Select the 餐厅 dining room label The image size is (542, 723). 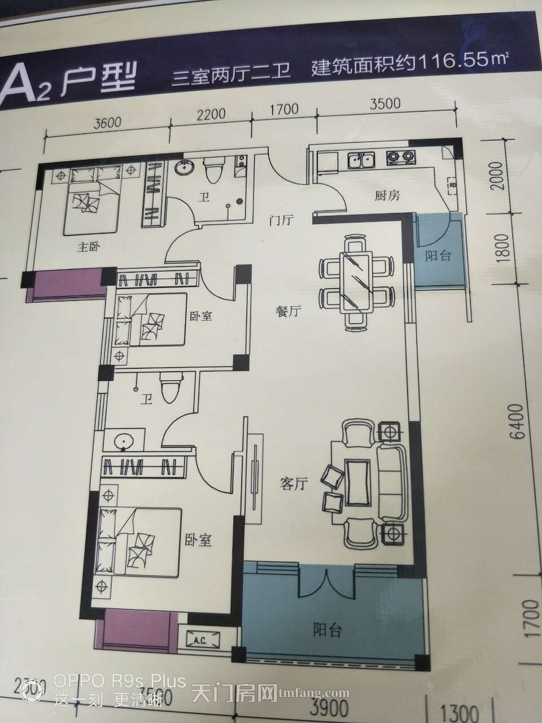click(x=288, y=312)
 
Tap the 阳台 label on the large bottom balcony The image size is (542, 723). click(x=327, y=630)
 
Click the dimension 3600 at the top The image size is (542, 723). click(x=107, y=123)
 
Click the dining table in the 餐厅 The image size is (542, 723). click(x=355, y=282)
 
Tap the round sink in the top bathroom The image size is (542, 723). click(x=185, y=167)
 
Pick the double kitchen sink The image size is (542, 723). click(x=361, y=160)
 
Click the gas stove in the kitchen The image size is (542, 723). click(x=399, y=158)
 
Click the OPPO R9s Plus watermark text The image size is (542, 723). click(x=120, y=682)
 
